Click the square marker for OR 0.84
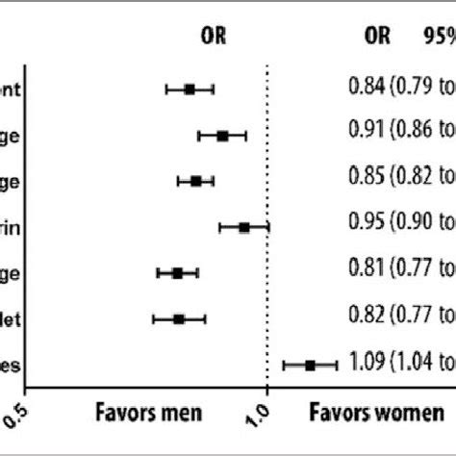(x=190, y=89)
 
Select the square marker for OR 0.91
(x=222, y=136)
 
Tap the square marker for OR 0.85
(x=196, y=181)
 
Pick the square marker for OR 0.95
(x=244, y=227)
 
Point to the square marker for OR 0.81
(x=177, y=273)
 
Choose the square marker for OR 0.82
(x=179, y=317)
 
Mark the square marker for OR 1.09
(x=310, y=365)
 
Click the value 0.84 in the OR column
(x=366, y=89)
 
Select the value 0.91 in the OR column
(x=366, y=134)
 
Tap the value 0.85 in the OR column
(x=366, y=179)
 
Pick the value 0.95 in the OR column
(x=366, y=225)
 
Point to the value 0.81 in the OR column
(x=366, y=271)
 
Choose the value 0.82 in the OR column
(x=366, y=317)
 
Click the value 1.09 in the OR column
(x=366, y=363)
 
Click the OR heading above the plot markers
(x=213, y=36)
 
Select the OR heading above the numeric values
(x=378, y=36)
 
